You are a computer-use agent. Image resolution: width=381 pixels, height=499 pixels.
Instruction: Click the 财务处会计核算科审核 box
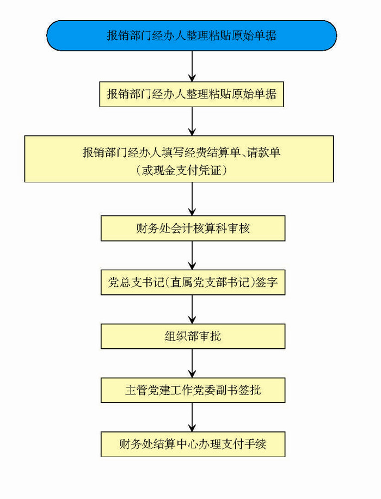[193, 228]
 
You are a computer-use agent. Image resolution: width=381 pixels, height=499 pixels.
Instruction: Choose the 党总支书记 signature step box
[193, 282]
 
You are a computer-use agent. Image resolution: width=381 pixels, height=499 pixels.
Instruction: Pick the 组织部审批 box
[193, 336]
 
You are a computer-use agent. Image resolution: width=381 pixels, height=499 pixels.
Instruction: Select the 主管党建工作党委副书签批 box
[193, 390]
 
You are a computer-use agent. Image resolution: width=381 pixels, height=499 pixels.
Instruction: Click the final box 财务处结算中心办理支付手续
[193, 444]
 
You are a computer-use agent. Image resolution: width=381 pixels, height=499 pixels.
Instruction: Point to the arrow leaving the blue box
[192, 66]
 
